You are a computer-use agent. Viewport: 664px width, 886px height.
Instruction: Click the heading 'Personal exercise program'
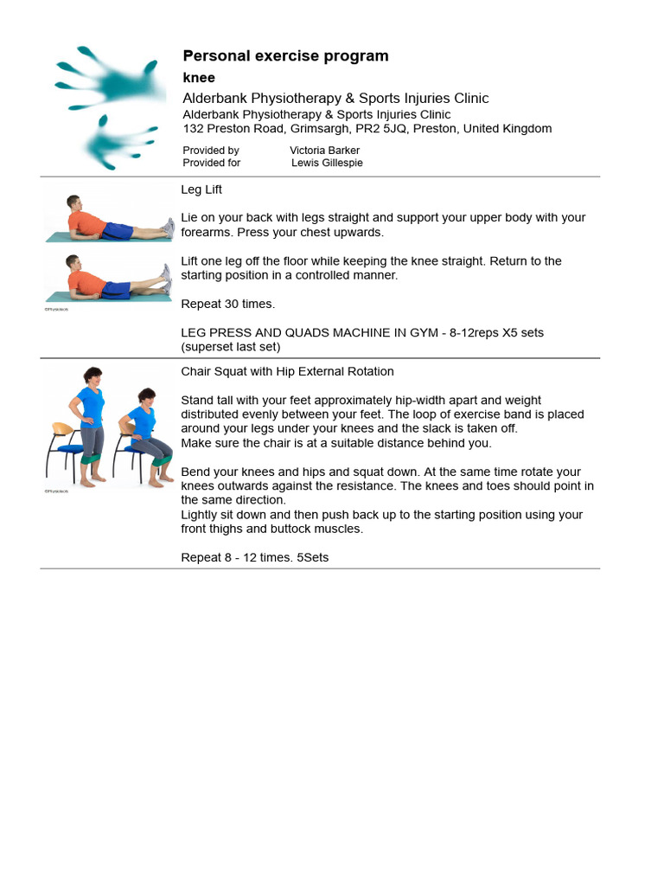(285, 56)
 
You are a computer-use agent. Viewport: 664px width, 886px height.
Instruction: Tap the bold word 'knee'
(199, 78)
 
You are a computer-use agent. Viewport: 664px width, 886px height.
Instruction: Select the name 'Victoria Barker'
(324, 151)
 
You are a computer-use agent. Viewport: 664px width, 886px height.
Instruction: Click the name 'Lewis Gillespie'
(327, 163)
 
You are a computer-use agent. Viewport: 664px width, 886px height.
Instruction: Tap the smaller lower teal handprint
(117, 140)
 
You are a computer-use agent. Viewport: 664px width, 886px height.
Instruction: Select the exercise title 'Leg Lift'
(201, 189)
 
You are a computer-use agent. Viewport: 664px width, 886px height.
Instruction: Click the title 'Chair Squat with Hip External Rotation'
(287, 371)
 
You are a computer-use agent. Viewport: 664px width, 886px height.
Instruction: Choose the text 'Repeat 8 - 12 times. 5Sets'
(254, 557)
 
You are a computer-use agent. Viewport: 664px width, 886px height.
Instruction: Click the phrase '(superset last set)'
(231, 347)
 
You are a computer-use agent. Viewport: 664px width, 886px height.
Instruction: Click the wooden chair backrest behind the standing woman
(61, 430)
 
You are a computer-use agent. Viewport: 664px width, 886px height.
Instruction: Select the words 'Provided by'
(211, 151)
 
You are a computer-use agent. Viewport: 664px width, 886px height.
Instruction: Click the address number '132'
(193, 129)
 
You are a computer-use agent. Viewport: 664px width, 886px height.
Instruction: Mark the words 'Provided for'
(212, 163)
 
